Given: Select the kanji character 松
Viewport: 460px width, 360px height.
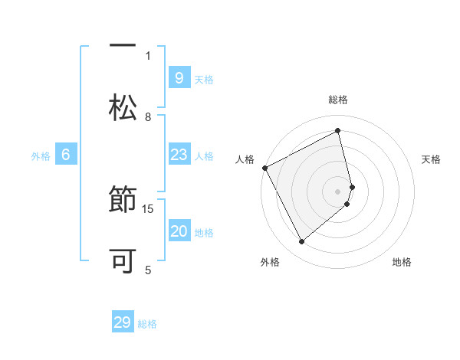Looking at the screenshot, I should (123, 108).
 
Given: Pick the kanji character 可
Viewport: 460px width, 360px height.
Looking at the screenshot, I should (123, 261).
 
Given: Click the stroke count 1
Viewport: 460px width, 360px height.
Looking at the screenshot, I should (148, 55).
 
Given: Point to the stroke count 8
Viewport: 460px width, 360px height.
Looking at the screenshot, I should (148, 116).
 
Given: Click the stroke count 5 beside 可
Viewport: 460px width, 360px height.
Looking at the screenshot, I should (148, 270).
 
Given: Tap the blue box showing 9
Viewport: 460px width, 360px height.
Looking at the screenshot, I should (179, 77).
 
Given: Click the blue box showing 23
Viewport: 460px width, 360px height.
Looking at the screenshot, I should (179, 155).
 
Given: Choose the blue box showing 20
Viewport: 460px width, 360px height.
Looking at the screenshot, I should (179, 231).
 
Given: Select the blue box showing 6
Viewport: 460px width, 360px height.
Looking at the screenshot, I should (65, 155).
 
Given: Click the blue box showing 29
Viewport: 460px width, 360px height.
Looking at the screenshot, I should (123, 322).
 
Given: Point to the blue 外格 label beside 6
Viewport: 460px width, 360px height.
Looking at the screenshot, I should (41, 156).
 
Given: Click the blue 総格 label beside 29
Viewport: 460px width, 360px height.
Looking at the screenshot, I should (147, 324).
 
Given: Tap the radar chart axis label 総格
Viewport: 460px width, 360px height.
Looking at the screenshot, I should (338, 100).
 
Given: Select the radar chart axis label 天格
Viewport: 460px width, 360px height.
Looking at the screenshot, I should (432, 159).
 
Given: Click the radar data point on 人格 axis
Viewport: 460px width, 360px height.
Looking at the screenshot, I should (264, 168).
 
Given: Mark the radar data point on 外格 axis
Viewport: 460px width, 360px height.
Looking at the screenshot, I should (301, 242).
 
